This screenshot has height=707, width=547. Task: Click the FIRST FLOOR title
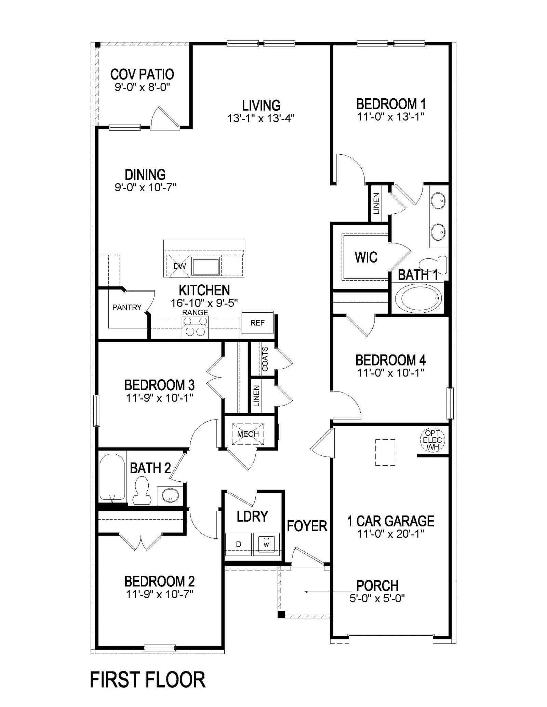(147, 679)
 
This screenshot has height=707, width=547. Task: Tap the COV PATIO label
(142, 74)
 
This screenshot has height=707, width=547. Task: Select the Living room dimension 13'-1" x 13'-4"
(261, 118)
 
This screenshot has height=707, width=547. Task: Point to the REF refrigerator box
(257, 323)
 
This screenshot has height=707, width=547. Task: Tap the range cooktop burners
(195, 326)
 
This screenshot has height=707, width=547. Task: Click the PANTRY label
(127, 307)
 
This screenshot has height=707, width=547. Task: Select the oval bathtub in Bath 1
(418, 298)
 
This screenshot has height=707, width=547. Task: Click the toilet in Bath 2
(142, 491)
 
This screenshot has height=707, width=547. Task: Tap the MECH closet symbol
(248, 434)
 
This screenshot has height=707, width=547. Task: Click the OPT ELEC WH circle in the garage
(432, 440)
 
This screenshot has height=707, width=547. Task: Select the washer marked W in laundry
(266, 545)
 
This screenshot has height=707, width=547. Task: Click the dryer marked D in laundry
(239, 544)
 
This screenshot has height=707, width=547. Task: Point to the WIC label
(366, 257)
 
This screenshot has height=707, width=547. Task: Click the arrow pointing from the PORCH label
(328, 592)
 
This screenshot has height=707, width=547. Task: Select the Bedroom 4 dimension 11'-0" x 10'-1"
(390, 373)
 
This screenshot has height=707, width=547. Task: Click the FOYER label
(307, 526)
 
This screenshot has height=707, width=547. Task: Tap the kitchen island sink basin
(205, 266)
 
